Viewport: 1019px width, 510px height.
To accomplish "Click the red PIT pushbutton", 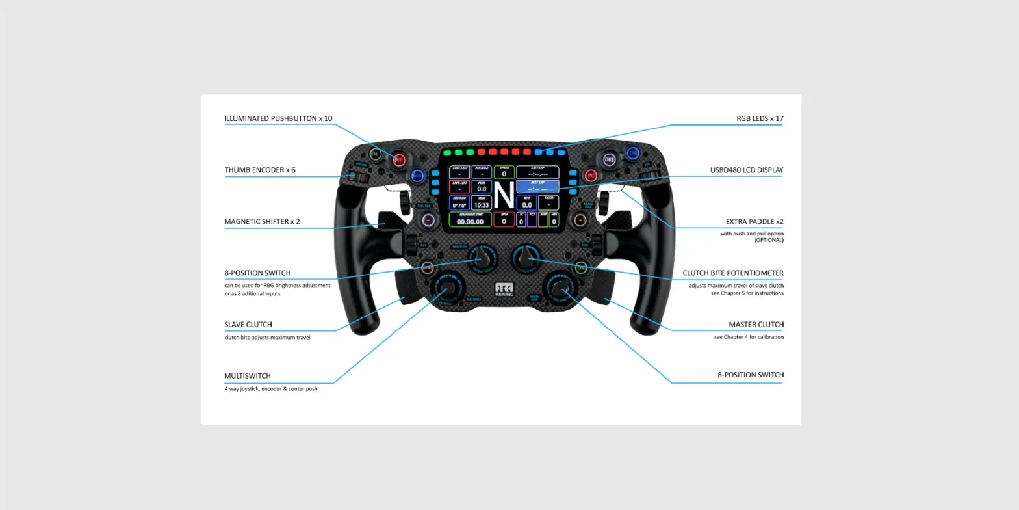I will click(399, 159).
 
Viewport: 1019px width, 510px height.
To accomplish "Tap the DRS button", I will click(609, 159).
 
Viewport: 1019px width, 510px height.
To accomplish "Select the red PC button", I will click(591, 176).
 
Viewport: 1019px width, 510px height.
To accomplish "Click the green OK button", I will click(581, 267).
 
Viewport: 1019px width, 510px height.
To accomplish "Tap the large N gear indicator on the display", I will click(504, 195).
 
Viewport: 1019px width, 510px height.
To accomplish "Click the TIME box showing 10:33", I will click(482, 203).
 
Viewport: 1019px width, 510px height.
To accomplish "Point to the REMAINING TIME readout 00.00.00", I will click(470, 219).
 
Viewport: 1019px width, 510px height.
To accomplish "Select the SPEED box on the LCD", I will click(504, 172).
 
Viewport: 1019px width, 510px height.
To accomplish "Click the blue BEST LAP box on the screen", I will click(537, 187).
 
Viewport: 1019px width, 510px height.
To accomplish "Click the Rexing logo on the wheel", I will click(504, 289).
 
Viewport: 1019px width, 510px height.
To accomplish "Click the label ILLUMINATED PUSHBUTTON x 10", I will click(278, 119).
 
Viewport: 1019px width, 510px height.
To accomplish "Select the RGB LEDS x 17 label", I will click(760, 119).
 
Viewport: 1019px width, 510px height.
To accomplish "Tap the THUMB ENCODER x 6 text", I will click(260, 170).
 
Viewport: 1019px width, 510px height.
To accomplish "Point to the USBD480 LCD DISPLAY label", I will click(746, 170).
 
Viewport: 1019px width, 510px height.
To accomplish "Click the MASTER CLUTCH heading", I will click(756, 325).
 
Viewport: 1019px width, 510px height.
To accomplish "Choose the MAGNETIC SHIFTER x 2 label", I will click(262, 222).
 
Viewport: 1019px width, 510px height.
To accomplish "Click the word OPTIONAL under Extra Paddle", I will click(769, 241).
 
